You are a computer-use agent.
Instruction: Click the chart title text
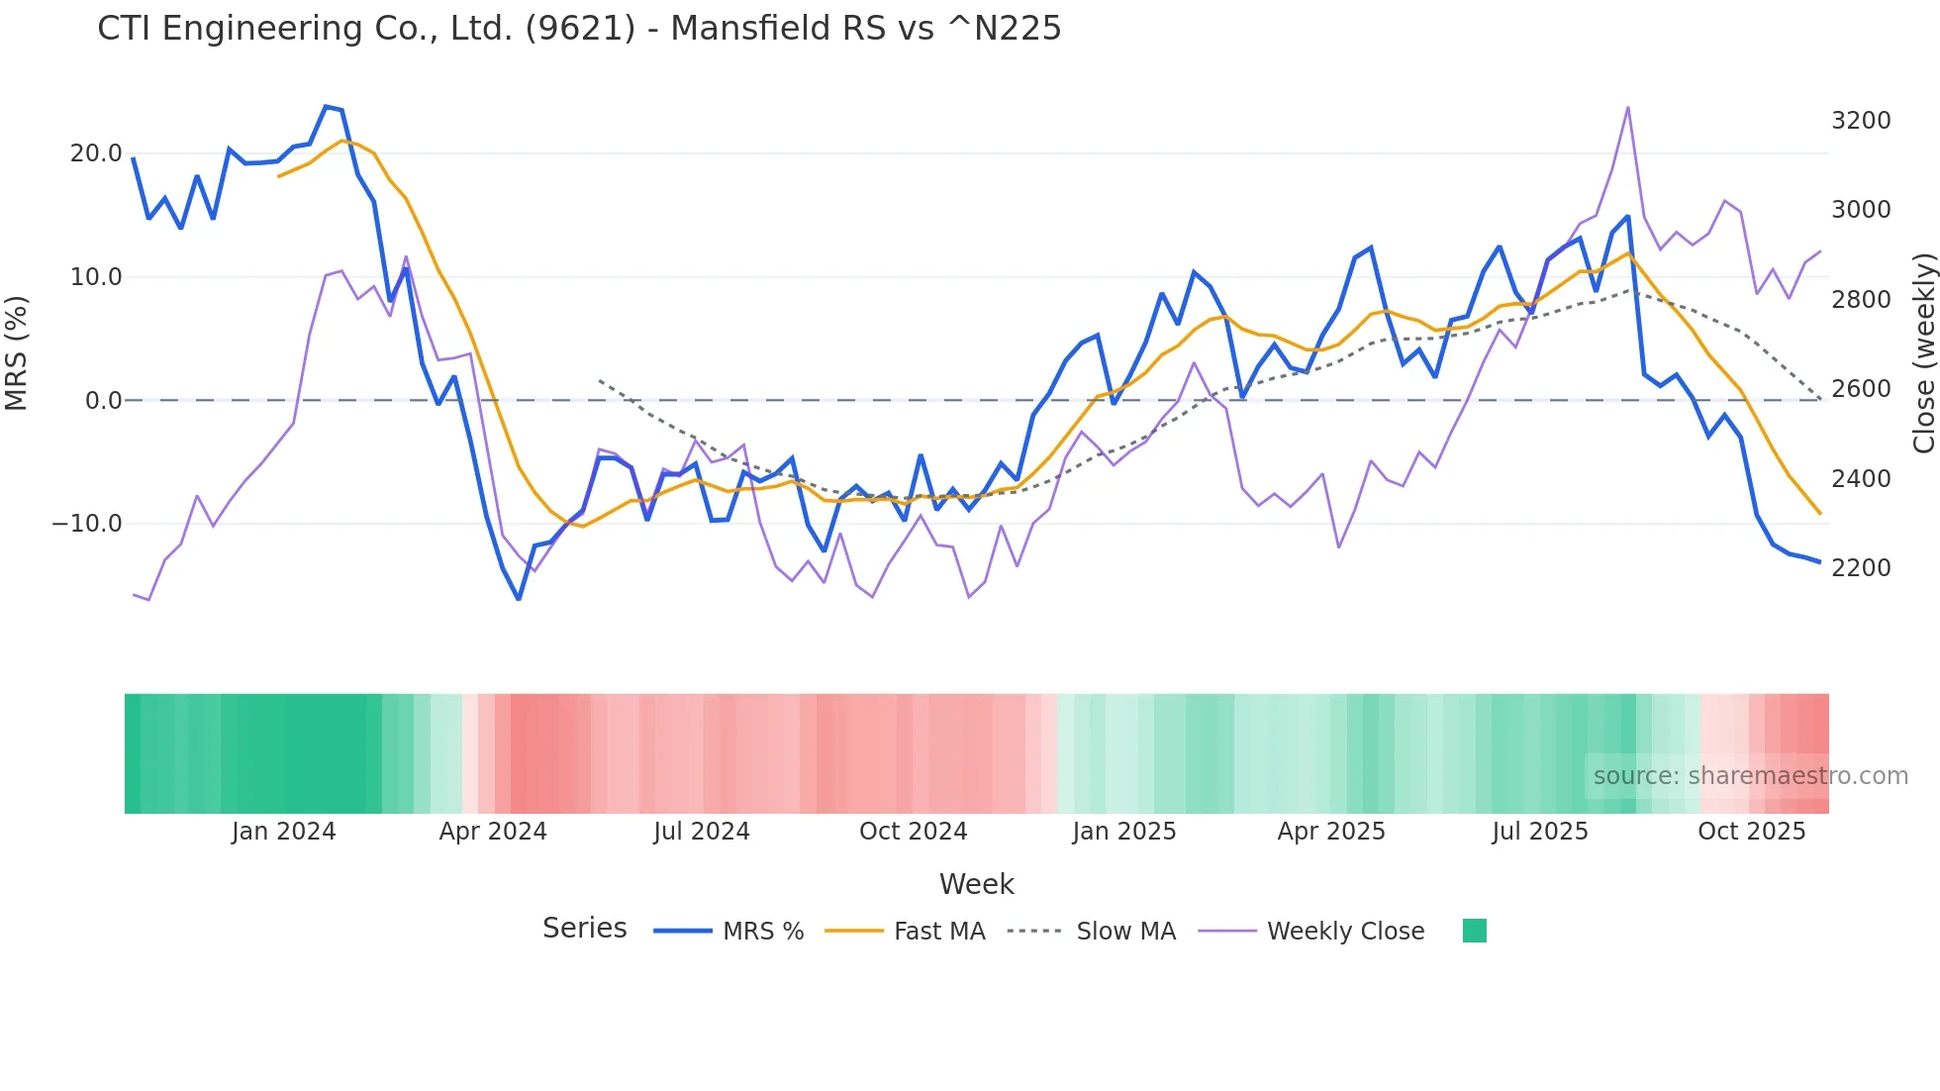click(x=579, y=29)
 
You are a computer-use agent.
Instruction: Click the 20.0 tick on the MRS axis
click(x=96, y=153)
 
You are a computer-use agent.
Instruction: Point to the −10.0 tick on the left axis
click(x=87, y=524)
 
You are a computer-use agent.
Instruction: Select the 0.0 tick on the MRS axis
click(x=103, y=401)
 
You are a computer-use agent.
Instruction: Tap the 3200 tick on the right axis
click(x=1861, y=121)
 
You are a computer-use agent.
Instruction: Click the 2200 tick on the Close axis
click(x=1861, y=568)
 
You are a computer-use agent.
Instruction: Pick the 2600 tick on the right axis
click(x=1861, y=389)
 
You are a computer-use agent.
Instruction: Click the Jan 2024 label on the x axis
click(x=284, y=832)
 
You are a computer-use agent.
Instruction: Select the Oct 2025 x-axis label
click(x=1751, y=832)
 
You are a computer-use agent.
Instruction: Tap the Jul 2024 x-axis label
click(x=701, y=832)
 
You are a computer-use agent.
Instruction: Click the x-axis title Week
click(x=976, y=884)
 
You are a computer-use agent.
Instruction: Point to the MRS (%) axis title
click(x=17, y=353)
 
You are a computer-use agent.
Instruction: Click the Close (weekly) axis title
click(x=1923, y=353)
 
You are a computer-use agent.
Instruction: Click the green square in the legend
click(x=1474, y=931)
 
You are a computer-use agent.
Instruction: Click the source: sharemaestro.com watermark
click(x=1750, y=776)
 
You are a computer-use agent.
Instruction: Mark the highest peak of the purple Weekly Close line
click(x=1627, y=108)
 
